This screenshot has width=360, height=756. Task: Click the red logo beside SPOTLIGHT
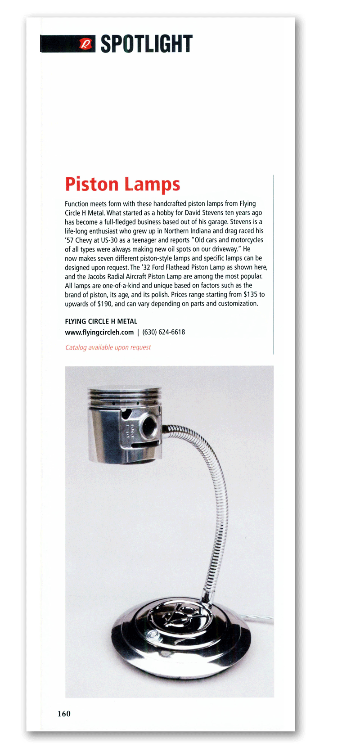[85, 44]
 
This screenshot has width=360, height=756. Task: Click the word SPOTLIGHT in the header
[146, 44]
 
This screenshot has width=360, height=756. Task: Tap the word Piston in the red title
[92, 184]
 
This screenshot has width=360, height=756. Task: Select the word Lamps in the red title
[152, 184]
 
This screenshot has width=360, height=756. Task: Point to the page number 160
[64, 713]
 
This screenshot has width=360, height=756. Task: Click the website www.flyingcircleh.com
[99, 333]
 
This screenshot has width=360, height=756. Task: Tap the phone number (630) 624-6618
[163, 333]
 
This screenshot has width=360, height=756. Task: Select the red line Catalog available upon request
[108, 347]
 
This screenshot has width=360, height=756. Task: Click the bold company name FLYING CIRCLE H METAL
[101, 321]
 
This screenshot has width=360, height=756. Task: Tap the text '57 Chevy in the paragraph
[78, 240]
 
